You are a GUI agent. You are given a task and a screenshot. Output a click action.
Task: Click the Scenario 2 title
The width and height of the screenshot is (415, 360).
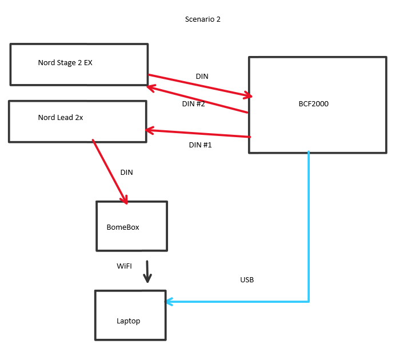point(202,19)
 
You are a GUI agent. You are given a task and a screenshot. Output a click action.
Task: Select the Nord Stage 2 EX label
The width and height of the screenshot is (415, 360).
point(65,63)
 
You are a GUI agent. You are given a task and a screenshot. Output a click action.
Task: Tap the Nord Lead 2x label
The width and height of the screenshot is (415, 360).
point(60,118)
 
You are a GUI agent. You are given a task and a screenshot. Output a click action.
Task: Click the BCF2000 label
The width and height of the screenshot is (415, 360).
point(313,104)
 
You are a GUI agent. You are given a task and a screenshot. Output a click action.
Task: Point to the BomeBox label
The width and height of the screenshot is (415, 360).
point(123,227)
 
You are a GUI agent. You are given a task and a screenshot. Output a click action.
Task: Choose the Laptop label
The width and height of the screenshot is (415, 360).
point(128,321)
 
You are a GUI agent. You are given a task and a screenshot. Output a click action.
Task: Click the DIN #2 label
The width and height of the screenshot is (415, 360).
point(193,104)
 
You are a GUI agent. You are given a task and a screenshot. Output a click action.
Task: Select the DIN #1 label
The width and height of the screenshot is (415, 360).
point(200,145)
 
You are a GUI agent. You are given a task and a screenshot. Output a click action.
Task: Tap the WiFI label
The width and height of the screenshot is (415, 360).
point(124,266)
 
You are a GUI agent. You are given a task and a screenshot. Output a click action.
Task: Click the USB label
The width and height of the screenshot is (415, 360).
point(247,280)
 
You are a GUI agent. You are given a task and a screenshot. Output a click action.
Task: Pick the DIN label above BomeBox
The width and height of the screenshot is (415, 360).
point(126,172)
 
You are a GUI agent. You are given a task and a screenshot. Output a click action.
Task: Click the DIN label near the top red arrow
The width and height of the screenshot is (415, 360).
point(202,76)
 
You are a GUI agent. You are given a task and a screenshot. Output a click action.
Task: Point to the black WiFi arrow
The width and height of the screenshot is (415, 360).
point(147,271)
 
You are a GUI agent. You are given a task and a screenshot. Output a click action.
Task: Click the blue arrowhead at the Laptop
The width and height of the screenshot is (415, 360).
point(169,301)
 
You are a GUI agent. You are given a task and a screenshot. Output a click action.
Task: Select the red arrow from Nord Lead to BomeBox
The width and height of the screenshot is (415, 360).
point(109,170)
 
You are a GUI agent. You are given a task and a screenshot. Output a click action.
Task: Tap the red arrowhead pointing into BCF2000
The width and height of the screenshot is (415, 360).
point(248,96)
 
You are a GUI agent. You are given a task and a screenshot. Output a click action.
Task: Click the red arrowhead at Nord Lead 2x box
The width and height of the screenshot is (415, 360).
point(150,131)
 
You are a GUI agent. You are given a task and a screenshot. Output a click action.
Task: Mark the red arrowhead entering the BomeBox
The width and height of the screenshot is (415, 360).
point(124,199)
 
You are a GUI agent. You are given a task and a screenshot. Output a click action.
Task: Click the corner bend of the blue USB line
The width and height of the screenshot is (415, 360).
point(309,301)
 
